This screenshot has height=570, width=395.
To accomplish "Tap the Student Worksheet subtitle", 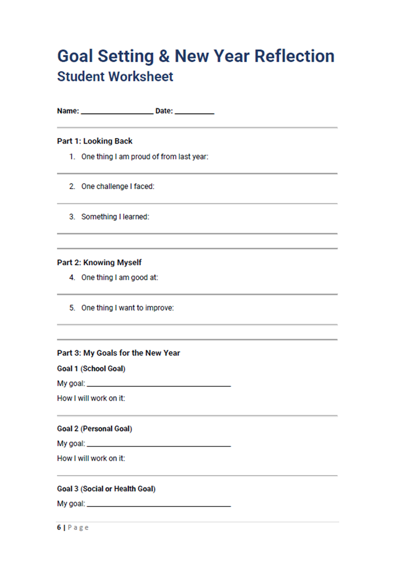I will pyautogui.click(x=115, y=76).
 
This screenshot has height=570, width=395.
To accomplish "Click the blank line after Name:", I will pyautogui.click(x=117, y=112).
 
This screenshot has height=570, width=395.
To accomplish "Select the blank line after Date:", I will pyautogui.click(x=194, y=112).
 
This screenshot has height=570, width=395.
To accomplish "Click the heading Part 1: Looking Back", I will pyautogui.click(x=95, y=141).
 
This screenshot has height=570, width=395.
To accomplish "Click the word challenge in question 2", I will pyautogui.click(x=114, y=186).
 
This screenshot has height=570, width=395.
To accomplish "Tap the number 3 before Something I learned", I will pyautogui.click(x=72, y=216).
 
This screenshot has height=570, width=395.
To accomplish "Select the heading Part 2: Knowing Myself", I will pyautogui.click(x=99, y=263).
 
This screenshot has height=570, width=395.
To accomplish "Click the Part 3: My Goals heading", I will pyautogui.click(x=119, y=353).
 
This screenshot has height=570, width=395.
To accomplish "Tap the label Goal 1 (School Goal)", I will pyautogui.click(x=91, y=368).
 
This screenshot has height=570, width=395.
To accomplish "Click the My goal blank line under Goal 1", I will pyautogui.click(x=159, y=385).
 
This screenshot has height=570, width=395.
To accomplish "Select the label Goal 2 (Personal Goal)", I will pyautogui.click(x=94, y=429).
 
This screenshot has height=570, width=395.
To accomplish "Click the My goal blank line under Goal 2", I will pyautogui.click(x=159, y=446).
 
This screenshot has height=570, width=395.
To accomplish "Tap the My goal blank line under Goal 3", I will pyautogui.click(x=159, y=505).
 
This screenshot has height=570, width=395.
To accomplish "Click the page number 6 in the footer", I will pyautogui.click(x=59, y=527).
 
